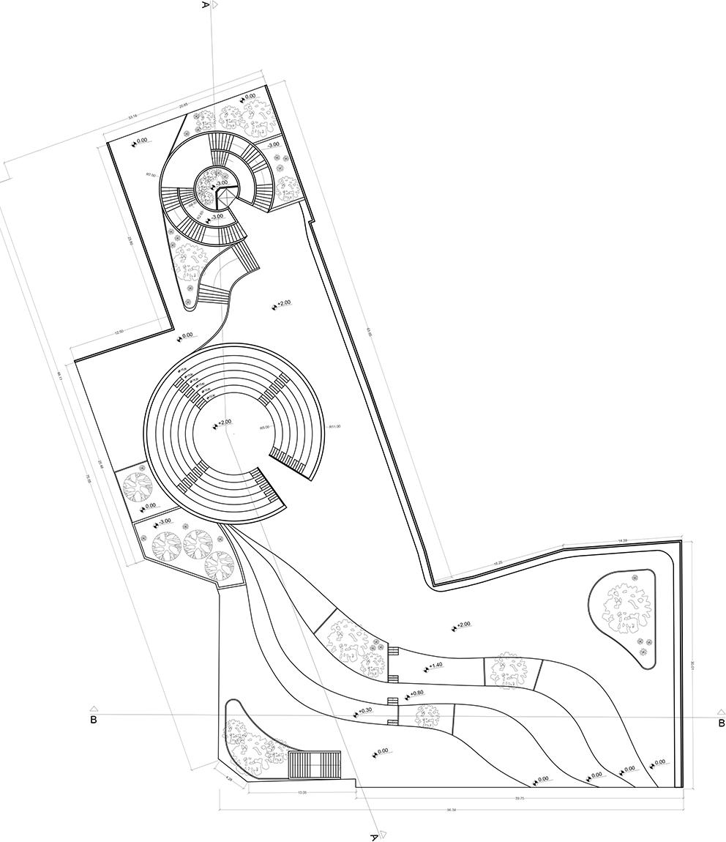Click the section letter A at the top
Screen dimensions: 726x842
click(x=206, y=4)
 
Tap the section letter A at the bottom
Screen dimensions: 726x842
click(x=374, y=835)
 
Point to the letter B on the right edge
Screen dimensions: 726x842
click(x=721, y=723)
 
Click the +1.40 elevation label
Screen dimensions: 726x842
click(x=435, y=666)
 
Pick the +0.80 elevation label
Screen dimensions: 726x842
click(x=416, y=693)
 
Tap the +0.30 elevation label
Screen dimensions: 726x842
click(x=364, y=711)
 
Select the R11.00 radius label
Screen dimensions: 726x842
click(x=335, y=426)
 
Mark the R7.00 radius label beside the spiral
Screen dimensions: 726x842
click(x=150, y=175)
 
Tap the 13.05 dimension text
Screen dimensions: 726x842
click(x=302, y=792)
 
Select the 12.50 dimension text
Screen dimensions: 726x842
click(x=119, y=332)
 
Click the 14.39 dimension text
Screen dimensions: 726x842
click(x=623, y=540)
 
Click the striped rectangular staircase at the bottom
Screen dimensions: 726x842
click(x=315, y=765)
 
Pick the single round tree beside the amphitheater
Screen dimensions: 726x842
click(x=137, y=486)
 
